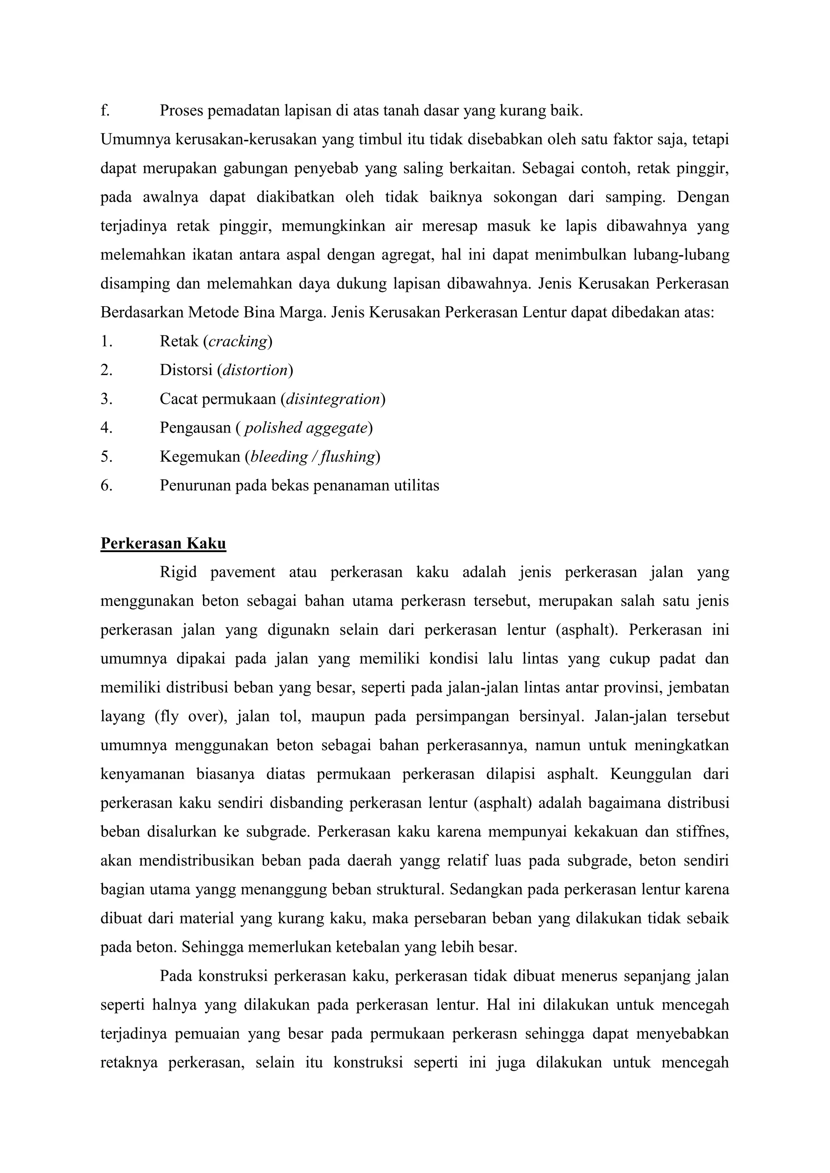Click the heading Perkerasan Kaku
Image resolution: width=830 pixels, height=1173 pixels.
coord(163,543)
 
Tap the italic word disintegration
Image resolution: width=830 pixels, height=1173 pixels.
coord(333,399)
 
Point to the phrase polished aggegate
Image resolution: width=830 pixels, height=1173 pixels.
coord(306,428)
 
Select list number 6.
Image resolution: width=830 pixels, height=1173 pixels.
coord(106,485)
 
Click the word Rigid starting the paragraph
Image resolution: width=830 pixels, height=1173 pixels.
coord(178,572)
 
